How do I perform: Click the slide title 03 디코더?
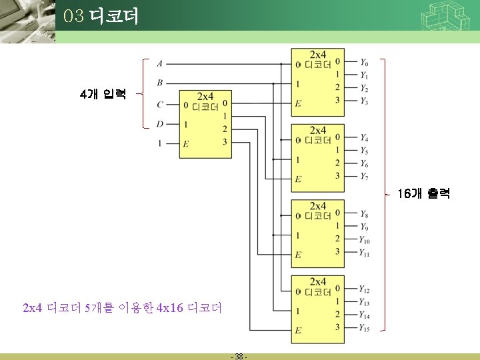tap(101, 16)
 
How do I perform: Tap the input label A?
tap(159, 64)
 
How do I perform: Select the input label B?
tap(159, 83)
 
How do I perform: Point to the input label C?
tap(159, 105)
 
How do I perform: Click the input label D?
tap(159, 124)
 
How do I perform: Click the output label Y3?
tap(364, 101)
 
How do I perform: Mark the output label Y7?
tap(364, 177)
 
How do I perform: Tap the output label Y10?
tap(365, 240)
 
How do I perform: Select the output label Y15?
tap(365, 328)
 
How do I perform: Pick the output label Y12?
tap(365, 289)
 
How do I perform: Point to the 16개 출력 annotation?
tap(423, 194)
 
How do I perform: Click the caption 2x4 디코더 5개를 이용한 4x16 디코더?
tap(122, 308)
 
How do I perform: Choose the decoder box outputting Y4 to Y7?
tap(318, 157)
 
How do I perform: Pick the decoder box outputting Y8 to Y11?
tap(318, 233)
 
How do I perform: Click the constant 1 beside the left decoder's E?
tap(159, 143)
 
